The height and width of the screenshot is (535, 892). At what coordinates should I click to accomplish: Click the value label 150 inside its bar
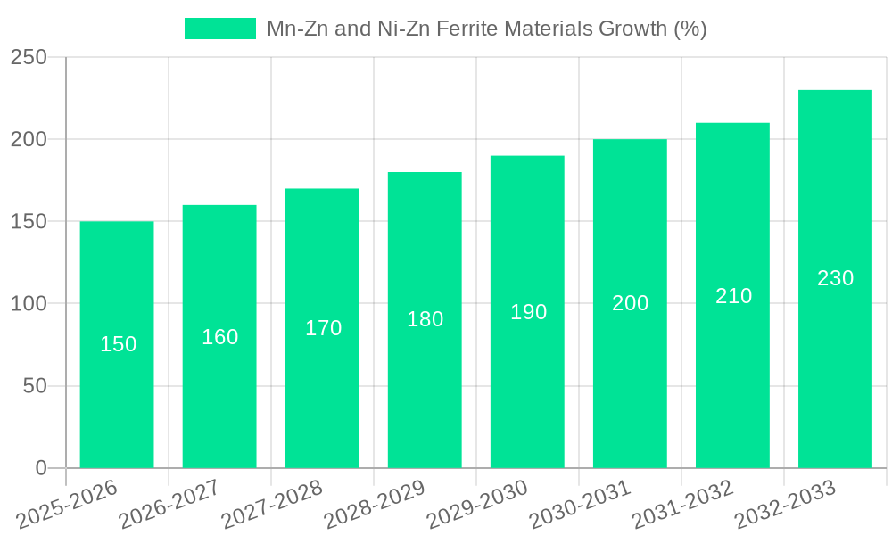pyautogui.click(x=118, y=344)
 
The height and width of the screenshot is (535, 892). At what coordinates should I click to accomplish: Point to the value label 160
pyautogui.click(x=219, y=337)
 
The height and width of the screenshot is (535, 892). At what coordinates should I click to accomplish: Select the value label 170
pyautogui.click(x=323, y=328)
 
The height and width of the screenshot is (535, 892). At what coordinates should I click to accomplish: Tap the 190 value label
pyautogui.click(x=528, y=312)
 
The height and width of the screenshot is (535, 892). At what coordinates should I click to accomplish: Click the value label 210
pyautogui.click(x=733, y=296)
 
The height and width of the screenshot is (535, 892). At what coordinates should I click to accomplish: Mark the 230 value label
pyautogui.click(x=835, y=278)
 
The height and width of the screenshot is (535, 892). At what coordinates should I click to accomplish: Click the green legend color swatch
pyautogui.click(x=219, y=29)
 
